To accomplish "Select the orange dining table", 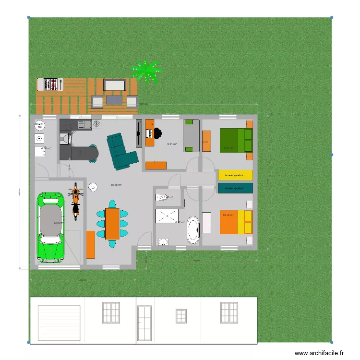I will coord(112,223).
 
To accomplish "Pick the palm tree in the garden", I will coord(147,72).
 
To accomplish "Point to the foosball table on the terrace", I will coord(51,84).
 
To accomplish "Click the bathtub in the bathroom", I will coord(193,230).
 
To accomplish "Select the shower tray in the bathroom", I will coord(168,216).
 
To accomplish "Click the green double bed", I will coord(236,140).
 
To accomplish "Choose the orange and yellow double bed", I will coord(236,222).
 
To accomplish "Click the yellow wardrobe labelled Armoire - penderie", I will coord(235,175).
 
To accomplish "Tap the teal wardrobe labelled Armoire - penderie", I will coord(235,188).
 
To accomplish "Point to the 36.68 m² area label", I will coord(116,185).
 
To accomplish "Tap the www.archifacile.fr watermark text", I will coord(319,353).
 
